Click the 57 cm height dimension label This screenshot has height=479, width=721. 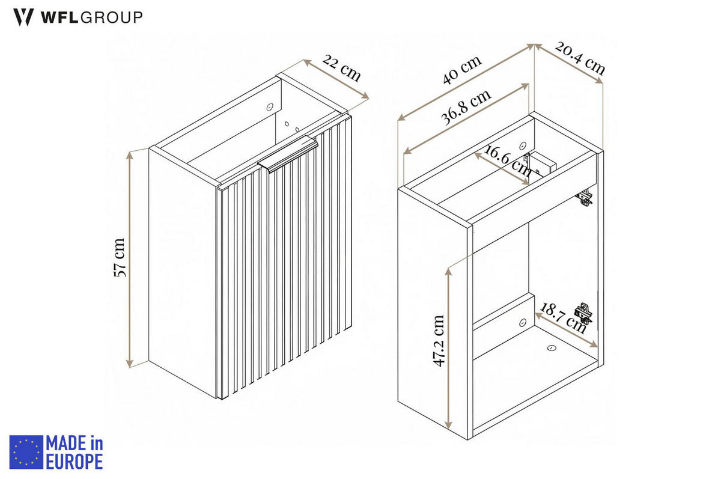pos(119,257)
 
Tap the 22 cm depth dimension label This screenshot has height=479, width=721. pos(341,69)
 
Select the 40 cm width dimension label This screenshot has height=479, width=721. pos(462,70)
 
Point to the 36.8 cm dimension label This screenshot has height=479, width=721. pos(466,106)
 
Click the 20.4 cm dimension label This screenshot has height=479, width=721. pos(580,58)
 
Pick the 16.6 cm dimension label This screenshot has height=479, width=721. pos(507,160)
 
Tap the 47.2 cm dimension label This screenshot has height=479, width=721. pos(439,340)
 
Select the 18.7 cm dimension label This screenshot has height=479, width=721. pos(562,318)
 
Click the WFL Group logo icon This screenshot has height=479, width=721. pos(23,17)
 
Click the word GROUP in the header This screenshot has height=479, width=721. pos(111,17)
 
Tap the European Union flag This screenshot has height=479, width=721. pos(26,452)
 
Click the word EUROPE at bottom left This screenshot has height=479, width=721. pos(75,462)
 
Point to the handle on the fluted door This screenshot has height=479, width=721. pos(288,154)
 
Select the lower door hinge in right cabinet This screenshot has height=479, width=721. pos(583,314)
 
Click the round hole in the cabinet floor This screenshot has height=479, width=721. pos(552,347)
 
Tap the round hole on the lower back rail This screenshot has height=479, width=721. pos(523,322)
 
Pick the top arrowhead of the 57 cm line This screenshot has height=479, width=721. pos(129,156)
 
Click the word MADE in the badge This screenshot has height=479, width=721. pos(66,444)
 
